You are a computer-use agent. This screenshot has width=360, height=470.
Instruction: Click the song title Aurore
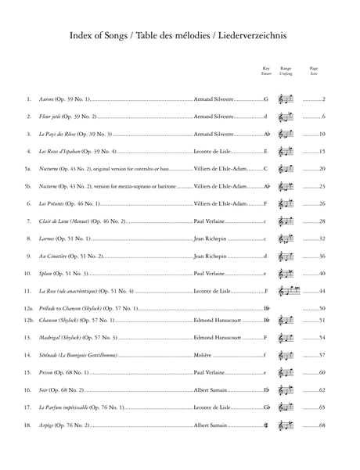(x=49, y=99)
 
